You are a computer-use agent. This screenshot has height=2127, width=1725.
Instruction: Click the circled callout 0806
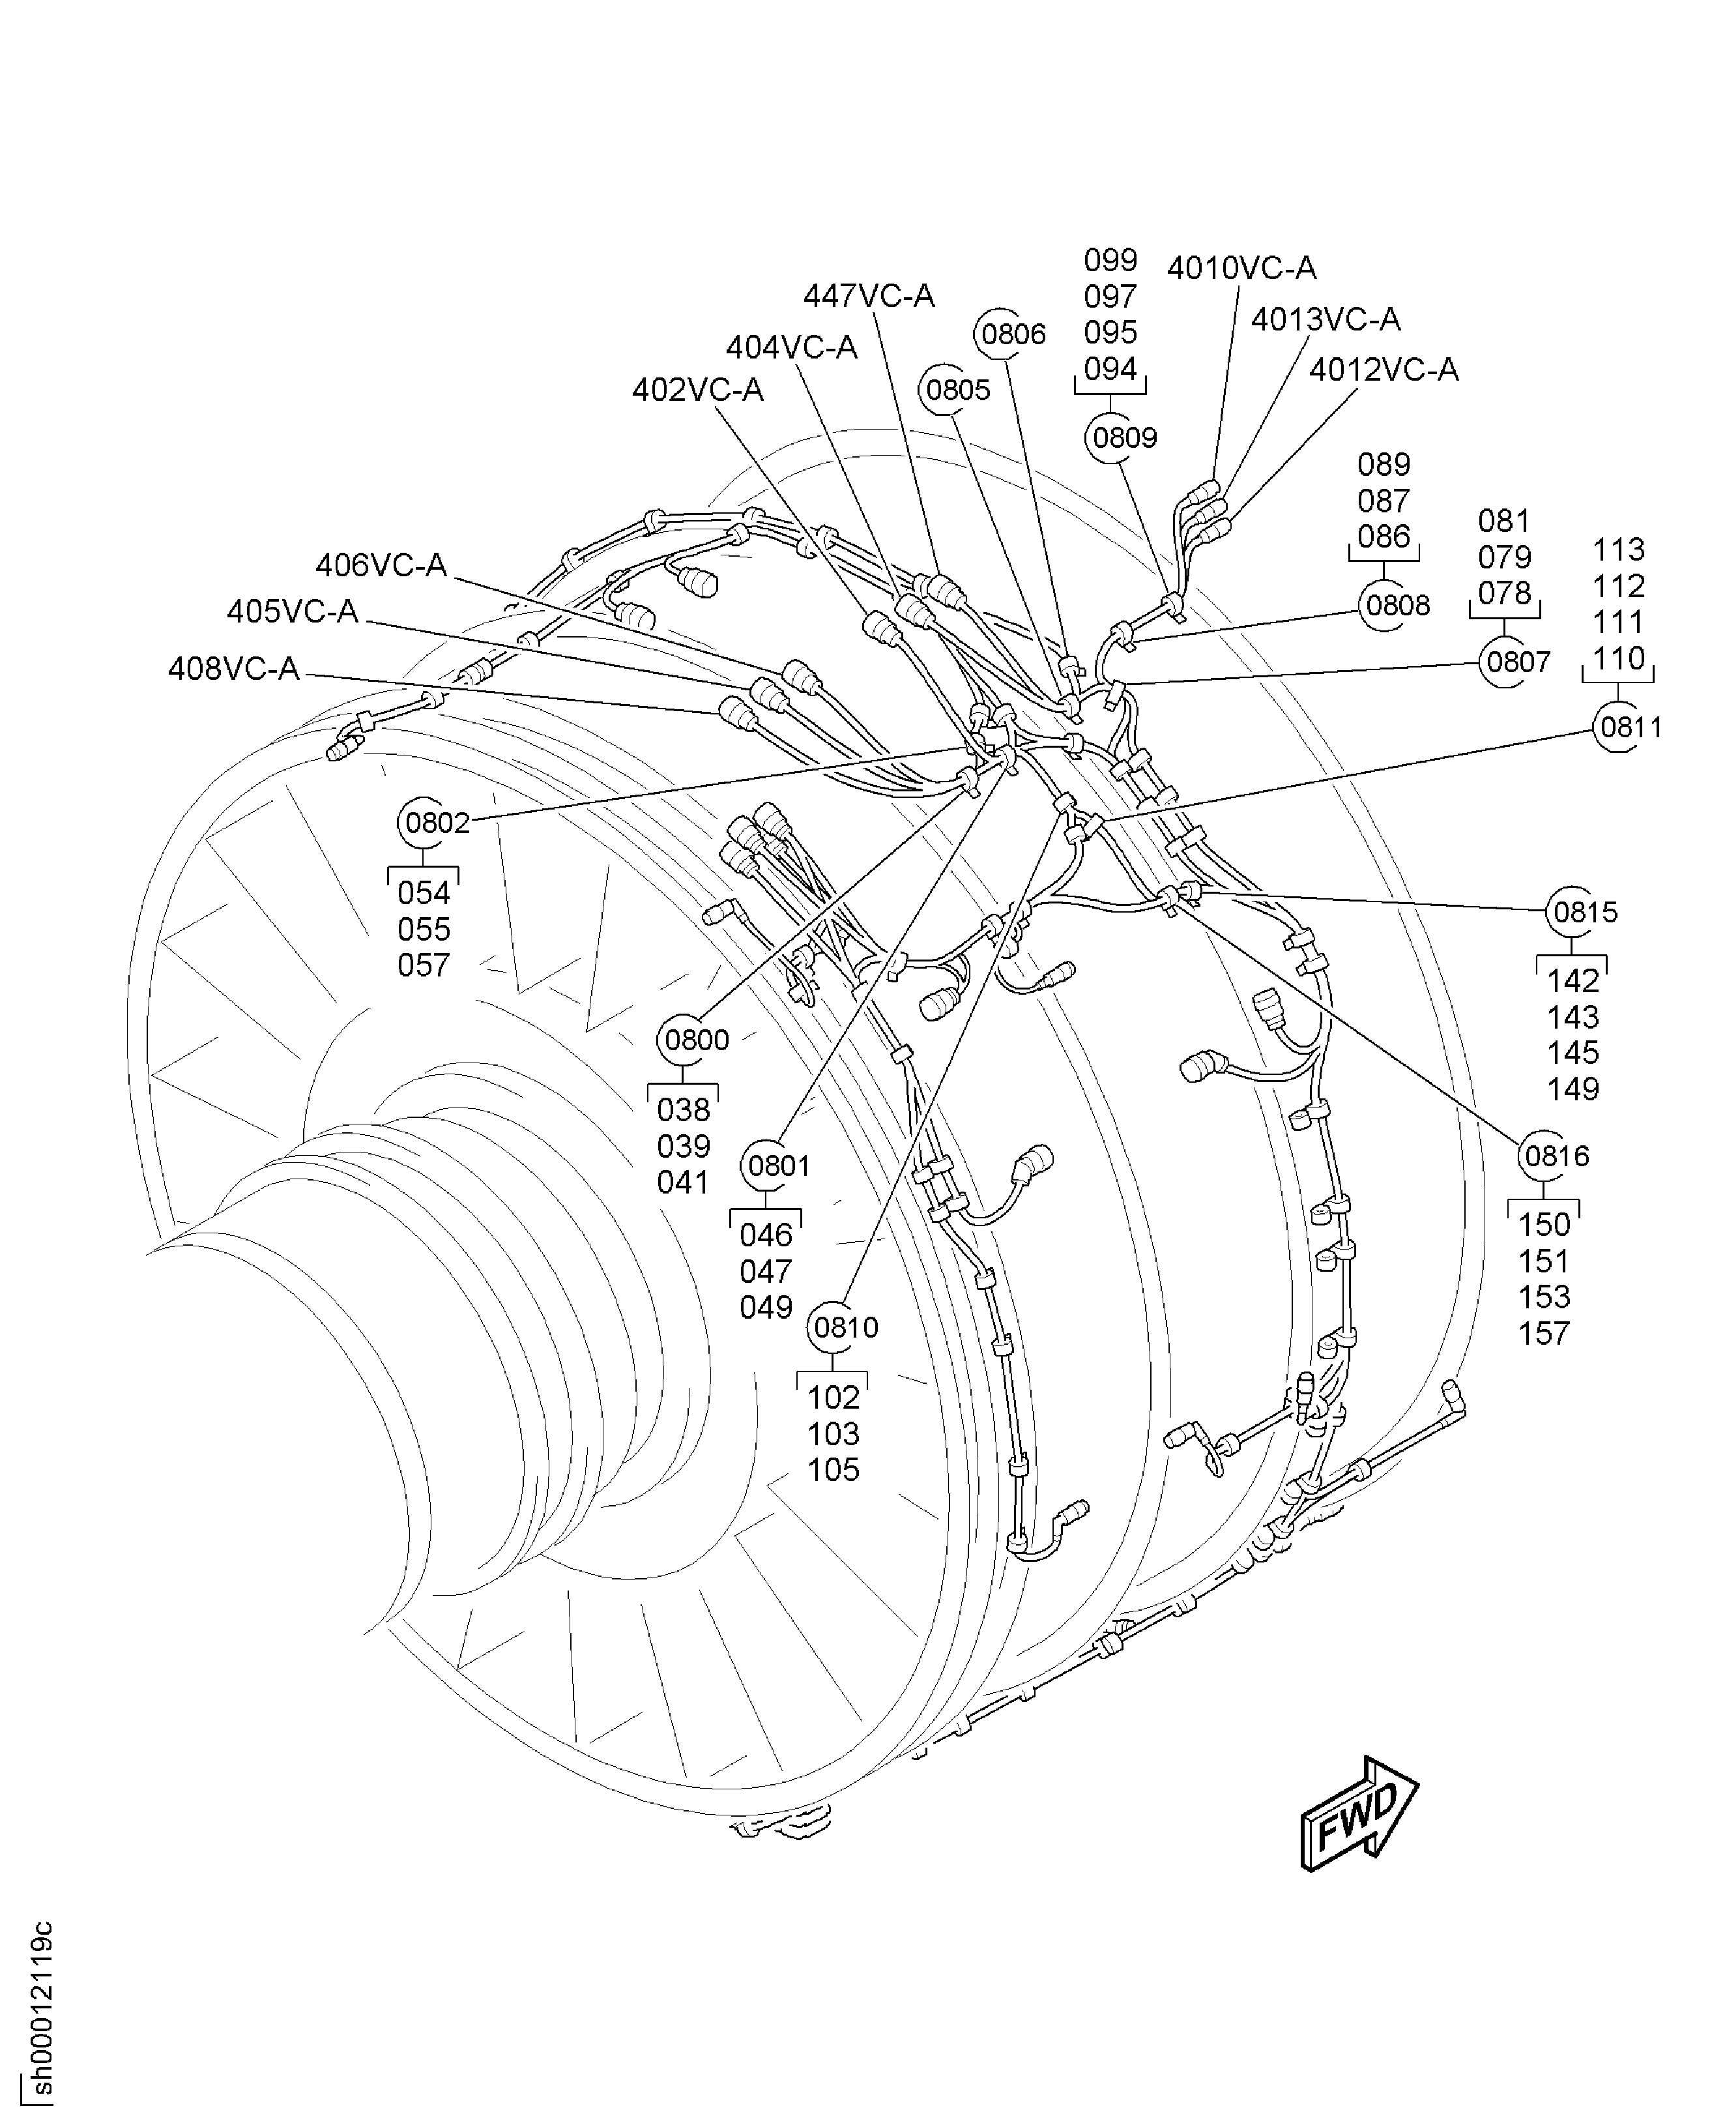1013,334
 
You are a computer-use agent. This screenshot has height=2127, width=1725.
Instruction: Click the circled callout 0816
1556,1156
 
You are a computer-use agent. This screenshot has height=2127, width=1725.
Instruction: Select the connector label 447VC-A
869,296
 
